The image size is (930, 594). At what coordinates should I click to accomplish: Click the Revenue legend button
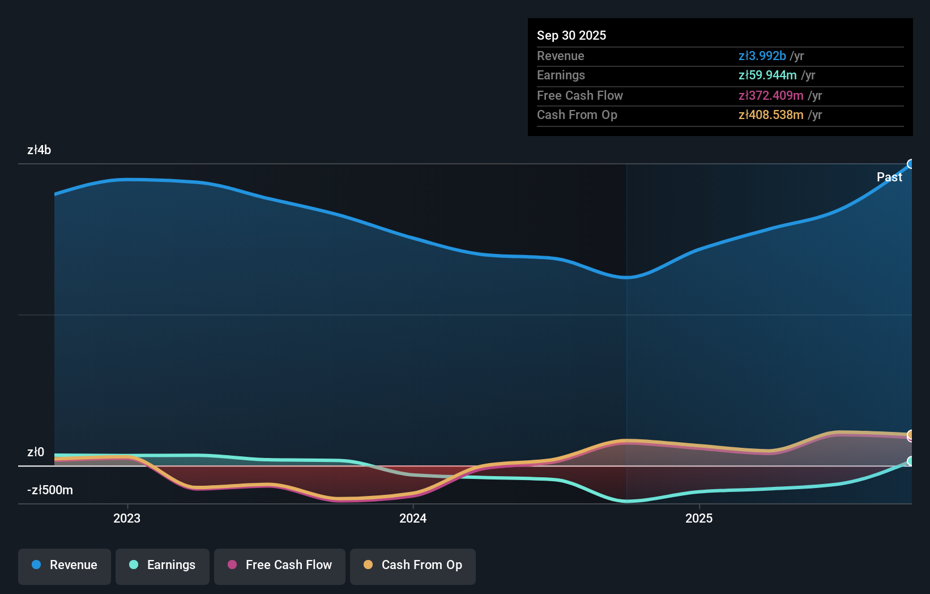(x=65, y=565)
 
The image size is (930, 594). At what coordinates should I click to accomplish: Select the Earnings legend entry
(x=163, y=565)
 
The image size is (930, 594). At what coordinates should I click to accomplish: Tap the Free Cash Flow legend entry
(x=280, y=565)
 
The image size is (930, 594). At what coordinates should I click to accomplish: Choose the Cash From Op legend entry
(x=413, y=565)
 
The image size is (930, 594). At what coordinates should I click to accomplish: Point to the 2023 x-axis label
(x=127, y=518)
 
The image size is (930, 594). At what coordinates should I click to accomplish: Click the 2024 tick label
(x=413, y=518)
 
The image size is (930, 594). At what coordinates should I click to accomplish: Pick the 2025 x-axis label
(x=699, y=518)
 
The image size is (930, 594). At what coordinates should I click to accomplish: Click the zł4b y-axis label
(x=39, y=150)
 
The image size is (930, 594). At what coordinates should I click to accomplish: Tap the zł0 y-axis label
(x=36, y=452)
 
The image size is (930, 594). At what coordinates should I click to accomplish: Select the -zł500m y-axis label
(x=50, y=490)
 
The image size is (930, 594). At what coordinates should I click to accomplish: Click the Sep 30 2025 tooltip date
(x=571, y=35)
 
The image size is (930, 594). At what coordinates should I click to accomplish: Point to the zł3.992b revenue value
(x=762, y=56)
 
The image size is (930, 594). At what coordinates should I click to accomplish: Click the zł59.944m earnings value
(x=767, y=75)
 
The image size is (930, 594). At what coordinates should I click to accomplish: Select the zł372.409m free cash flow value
(x=771, y=96)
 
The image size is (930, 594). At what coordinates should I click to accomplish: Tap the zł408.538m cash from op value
(x=771, y=115)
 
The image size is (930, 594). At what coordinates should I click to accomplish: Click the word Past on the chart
(x=889, y=177)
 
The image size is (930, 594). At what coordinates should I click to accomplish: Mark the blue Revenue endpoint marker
(x=911, y=164)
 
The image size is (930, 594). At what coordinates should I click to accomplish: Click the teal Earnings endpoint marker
(x=911, y=461)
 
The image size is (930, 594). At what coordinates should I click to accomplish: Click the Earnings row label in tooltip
(x=561, y=75)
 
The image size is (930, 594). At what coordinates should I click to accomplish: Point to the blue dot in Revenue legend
(x=36, y=565)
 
